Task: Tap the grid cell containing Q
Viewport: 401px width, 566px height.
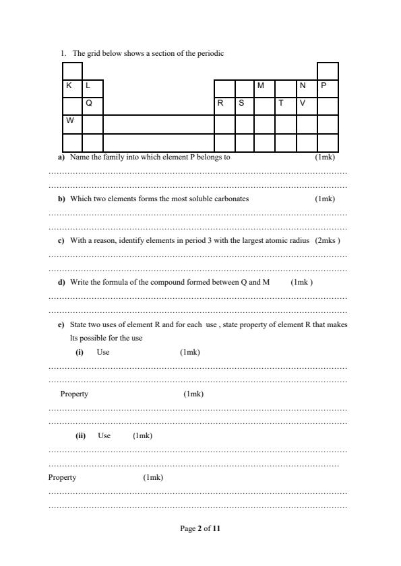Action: point(92,106)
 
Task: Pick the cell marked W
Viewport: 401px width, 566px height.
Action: point(72,124)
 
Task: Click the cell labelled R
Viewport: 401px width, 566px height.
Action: point(224,106)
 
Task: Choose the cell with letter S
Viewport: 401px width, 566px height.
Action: point(244,106)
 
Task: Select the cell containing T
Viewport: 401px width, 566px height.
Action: point(286,106)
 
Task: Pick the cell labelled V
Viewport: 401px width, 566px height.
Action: point(307,106)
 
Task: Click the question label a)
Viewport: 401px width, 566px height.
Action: point(61,157)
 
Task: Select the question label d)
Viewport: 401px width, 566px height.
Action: point(61,283)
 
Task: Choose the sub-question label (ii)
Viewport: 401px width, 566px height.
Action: point(81,436)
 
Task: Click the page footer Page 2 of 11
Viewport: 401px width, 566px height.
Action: point(200,529)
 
